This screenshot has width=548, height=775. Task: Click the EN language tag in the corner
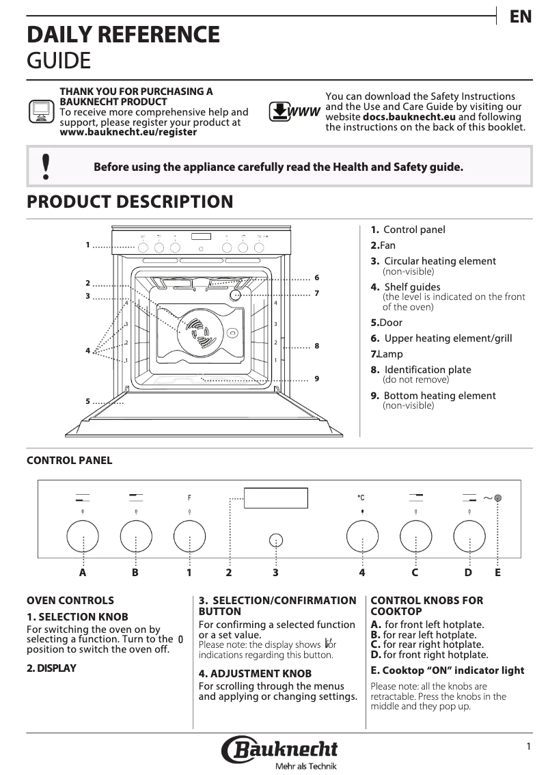521,17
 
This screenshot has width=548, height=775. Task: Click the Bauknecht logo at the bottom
279,750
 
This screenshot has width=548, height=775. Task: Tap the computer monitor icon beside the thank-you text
41,111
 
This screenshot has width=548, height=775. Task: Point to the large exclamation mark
46,166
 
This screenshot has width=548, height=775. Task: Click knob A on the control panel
83,536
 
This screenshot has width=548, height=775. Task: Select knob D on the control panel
469,536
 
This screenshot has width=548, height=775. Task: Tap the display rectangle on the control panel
275,498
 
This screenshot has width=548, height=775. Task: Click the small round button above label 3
275,540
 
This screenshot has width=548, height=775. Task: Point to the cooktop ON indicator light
499,498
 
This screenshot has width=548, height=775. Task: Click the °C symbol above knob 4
361,498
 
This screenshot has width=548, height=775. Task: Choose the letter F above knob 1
189,498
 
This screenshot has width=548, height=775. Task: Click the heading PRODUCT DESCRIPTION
130,202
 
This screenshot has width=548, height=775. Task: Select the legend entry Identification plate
427,370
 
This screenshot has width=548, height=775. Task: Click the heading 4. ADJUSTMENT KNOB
255,674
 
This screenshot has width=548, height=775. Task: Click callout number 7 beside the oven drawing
317,293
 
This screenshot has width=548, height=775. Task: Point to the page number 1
528,747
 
